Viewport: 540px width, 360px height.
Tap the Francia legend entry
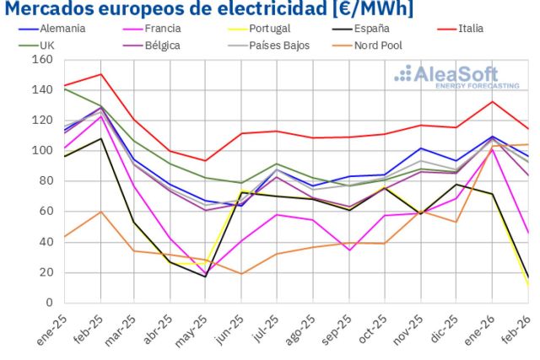click(162, 29)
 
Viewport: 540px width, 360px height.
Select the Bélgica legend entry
click(162, 45)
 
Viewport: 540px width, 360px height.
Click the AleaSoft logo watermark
click(447, 77)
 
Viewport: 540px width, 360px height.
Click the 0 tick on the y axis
click(48, 303)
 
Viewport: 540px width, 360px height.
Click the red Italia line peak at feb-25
click(101, 74)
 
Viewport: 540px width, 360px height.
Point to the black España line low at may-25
click(205, 277)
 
